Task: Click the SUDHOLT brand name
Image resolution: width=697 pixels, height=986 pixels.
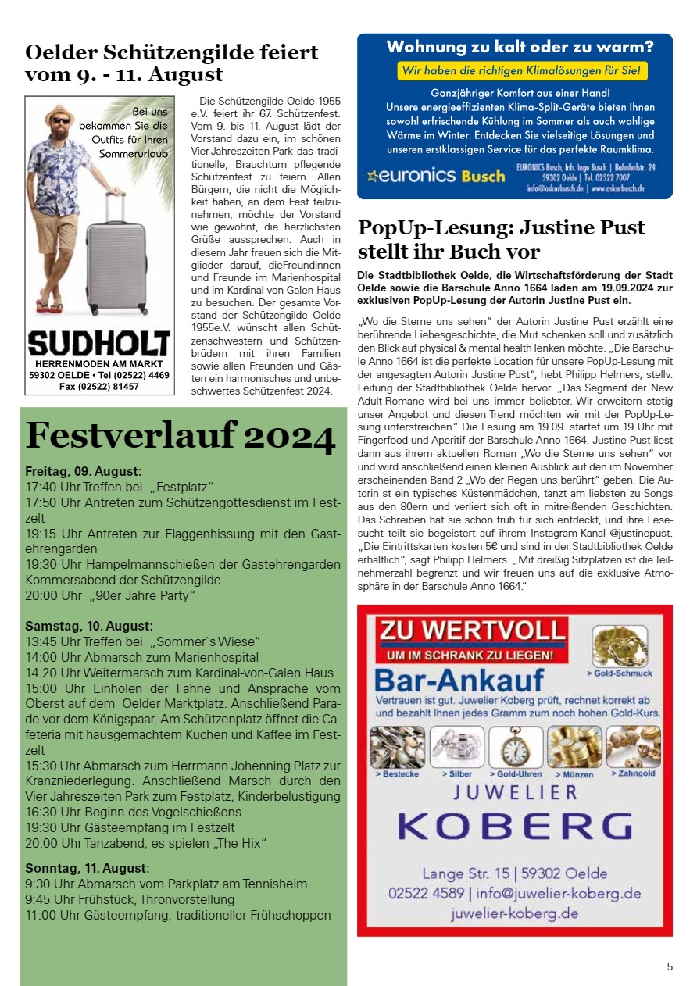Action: (x=98, y=344)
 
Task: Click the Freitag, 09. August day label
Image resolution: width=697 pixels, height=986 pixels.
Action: (x=83, y=471)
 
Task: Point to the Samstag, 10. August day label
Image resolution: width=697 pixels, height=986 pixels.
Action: (x=88, y=626)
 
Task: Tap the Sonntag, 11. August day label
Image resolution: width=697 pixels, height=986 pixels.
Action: (x=87, y=868)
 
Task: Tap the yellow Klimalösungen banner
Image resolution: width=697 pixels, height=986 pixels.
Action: (x=522, y=71)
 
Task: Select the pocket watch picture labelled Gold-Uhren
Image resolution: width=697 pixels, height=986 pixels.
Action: (x=516, y=747)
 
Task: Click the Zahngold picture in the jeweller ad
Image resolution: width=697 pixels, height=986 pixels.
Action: (x=634, y=746)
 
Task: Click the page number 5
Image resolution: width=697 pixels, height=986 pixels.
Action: (x=670, y=966)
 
